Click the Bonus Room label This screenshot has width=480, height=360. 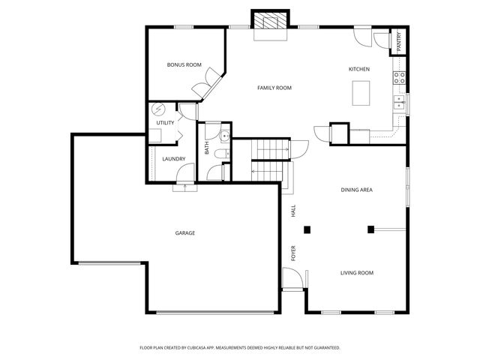pyautogui.click(x=184, y=65)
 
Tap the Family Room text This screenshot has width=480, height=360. pyautogui.click(x=274, y=88)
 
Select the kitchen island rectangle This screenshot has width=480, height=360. pyautogui.click(x=361, y=93)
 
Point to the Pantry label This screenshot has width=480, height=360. pyautogui.click(x=398, y=41)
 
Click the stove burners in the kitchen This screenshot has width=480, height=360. pyautogui.click(x=400, y=76)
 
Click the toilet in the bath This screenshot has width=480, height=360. pyautogui.click(x=218, y=154)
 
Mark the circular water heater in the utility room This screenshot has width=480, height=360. pyautogui.click(x=158, y=109)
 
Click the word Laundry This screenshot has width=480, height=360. pyautogui.click(x=173, y=158)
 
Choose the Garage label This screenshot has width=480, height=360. pyautogui.click(x=185, y=233)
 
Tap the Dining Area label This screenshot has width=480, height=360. pyautogui.click(x=356, y=190)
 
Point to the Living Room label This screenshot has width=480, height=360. pyautogui.click(x=357, y=273)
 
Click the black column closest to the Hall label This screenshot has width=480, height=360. pyautogui.click(x=307, y=229)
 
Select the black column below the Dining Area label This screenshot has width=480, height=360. pyautogui.click(x=370, y=229)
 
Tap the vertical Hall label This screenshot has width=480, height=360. pyautogui.click(x=294, y=211)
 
